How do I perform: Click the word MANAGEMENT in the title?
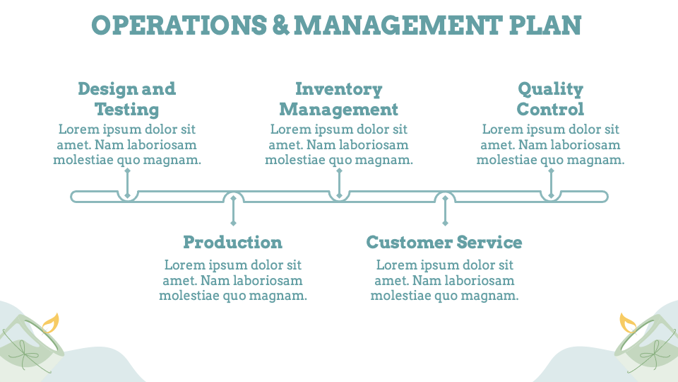400,25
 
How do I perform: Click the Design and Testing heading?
127,99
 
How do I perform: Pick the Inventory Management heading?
339,99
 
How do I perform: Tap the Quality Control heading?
551,99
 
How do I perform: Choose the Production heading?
233,243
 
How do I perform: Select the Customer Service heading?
444,243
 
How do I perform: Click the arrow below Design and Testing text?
127,183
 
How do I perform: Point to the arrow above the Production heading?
233,211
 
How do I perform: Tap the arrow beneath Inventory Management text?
339,183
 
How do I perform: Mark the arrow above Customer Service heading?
445,211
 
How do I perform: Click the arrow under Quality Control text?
551,183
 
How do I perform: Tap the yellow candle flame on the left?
50,323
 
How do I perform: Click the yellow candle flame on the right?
627,323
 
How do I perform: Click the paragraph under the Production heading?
233,281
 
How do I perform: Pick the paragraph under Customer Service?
445,281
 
